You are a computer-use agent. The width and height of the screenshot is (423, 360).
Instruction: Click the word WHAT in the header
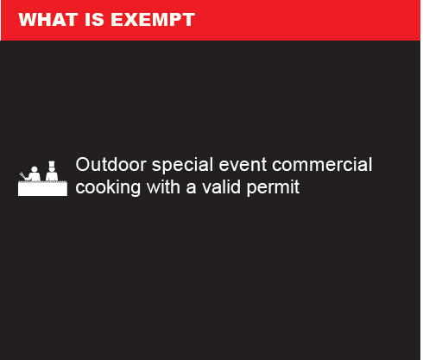click(x=48, y=20)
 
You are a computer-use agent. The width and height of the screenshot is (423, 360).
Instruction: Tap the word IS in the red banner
click(x=94, y=20)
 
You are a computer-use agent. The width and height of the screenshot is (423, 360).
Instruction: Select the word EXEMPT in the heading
click(x=153, y=20)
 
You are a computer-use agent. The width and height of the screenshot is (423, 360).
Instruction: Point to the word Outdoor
click(x=111, y=165)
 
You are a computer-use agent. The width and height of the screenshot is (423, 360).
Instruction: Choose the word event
click(x=243, y=165)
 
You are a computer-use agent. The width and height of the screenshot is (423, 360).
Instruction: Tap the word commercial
click(x=322, y=165)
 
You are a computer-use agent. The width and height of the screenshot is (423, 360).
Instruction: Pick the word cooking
click(x=108, y=187)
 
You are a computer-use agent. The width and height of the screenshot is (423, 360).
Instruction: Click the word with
click(x=163, y=187)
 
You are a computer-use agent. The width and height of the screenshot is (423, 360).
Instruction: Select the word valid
click(x=221, y=187)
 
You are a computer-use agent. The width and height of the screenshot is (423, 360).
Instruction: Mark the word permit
click(x=273, y=188)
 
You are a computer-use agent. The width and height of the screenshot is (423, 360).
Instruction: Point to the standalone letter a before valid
click(x=191, y=189)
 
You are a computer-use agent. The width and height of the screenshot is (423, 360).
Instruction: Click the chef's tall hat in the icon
click(x=52, y=164)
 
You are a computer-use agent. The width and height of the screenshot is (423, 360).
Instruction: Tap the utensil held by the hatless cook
click(x=22, y=175)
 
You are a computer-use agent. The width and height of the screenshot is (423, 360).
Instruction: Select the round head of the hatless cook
click(x=35, y=169)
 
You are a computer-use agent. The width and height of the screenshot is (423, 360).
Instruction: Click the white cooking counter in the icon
click(x=42, y=189)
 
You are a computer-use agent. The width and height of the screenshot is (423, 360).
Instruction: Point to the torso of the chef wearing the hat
click(x=52, y=176)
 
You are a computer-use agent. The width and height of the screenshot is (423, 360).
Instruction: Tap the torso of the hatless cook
click(x=35, y=177)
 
